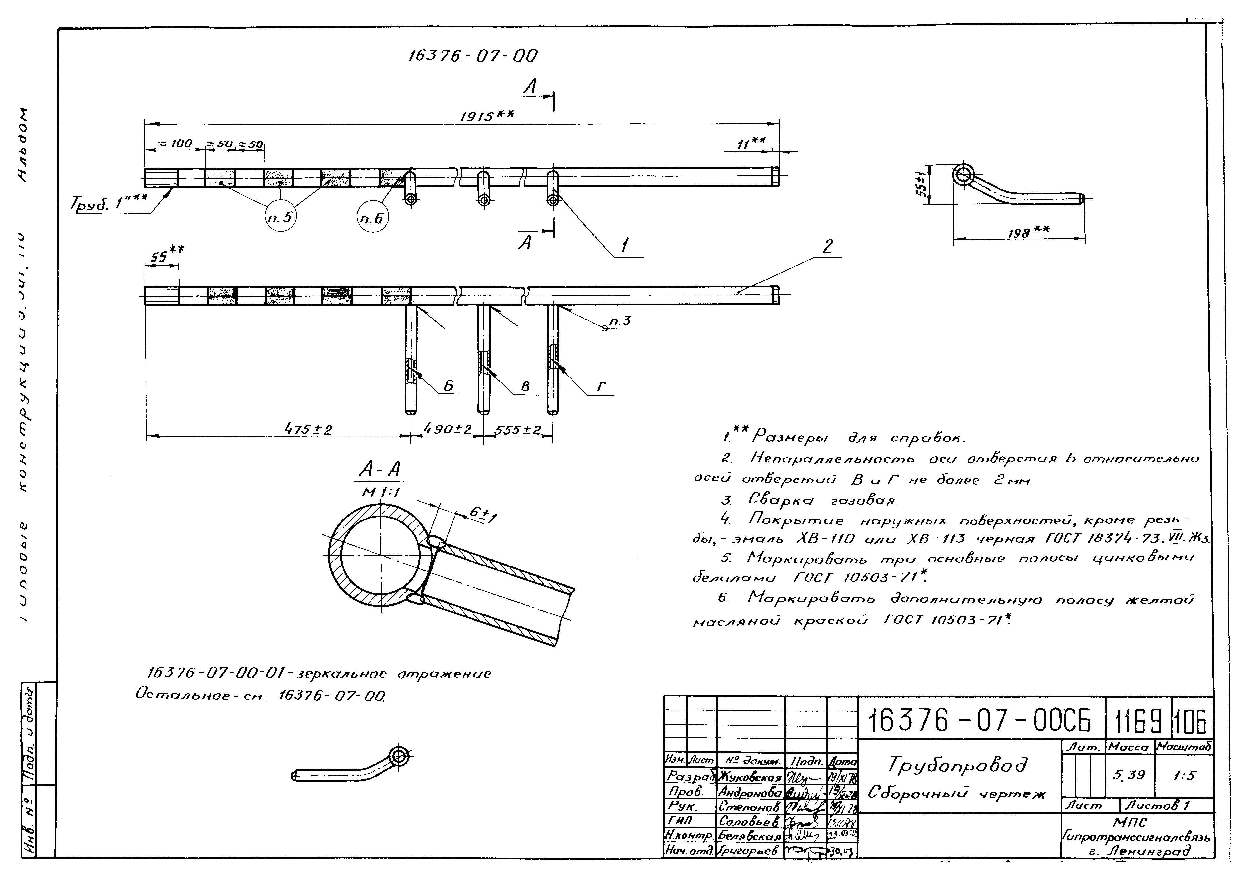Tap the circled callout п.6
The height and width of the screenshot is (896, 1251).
[x=372, y=219]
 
